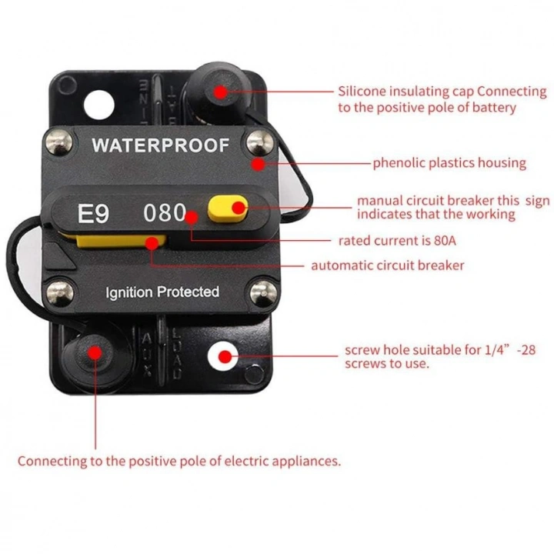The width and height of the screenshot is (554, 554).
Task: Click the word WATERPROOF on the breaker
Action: pyautogui.click(x=160, y=145)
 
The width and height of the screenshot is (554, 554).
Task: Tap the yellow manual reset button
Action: pyautogui.click(x=228, y=207)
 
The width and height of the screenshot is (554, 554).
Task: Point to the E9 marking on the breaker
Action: pyautogui.click(x=93, y=213)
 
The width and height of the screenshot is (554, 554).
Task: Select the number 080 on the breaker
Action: pyautogui.click(x=165, y=213)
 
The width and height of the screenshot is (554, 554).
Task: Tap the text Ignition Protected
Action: pyautogui.click(x=162, y=292)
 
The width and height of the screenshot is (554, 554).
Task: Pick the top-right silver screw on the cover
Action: pyautogui.click(x=258, y=142)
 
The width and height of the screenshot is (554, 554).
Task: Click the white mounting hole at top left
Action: pyautogui.click(x=94, y=100)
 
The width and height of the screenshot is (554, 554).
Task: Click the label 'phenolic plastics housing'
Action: pyautogui.click(x=449, y=163)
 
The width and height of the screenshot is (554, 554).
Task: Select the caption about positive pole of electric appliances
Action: pyautogui.click(x=179, y=462)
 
